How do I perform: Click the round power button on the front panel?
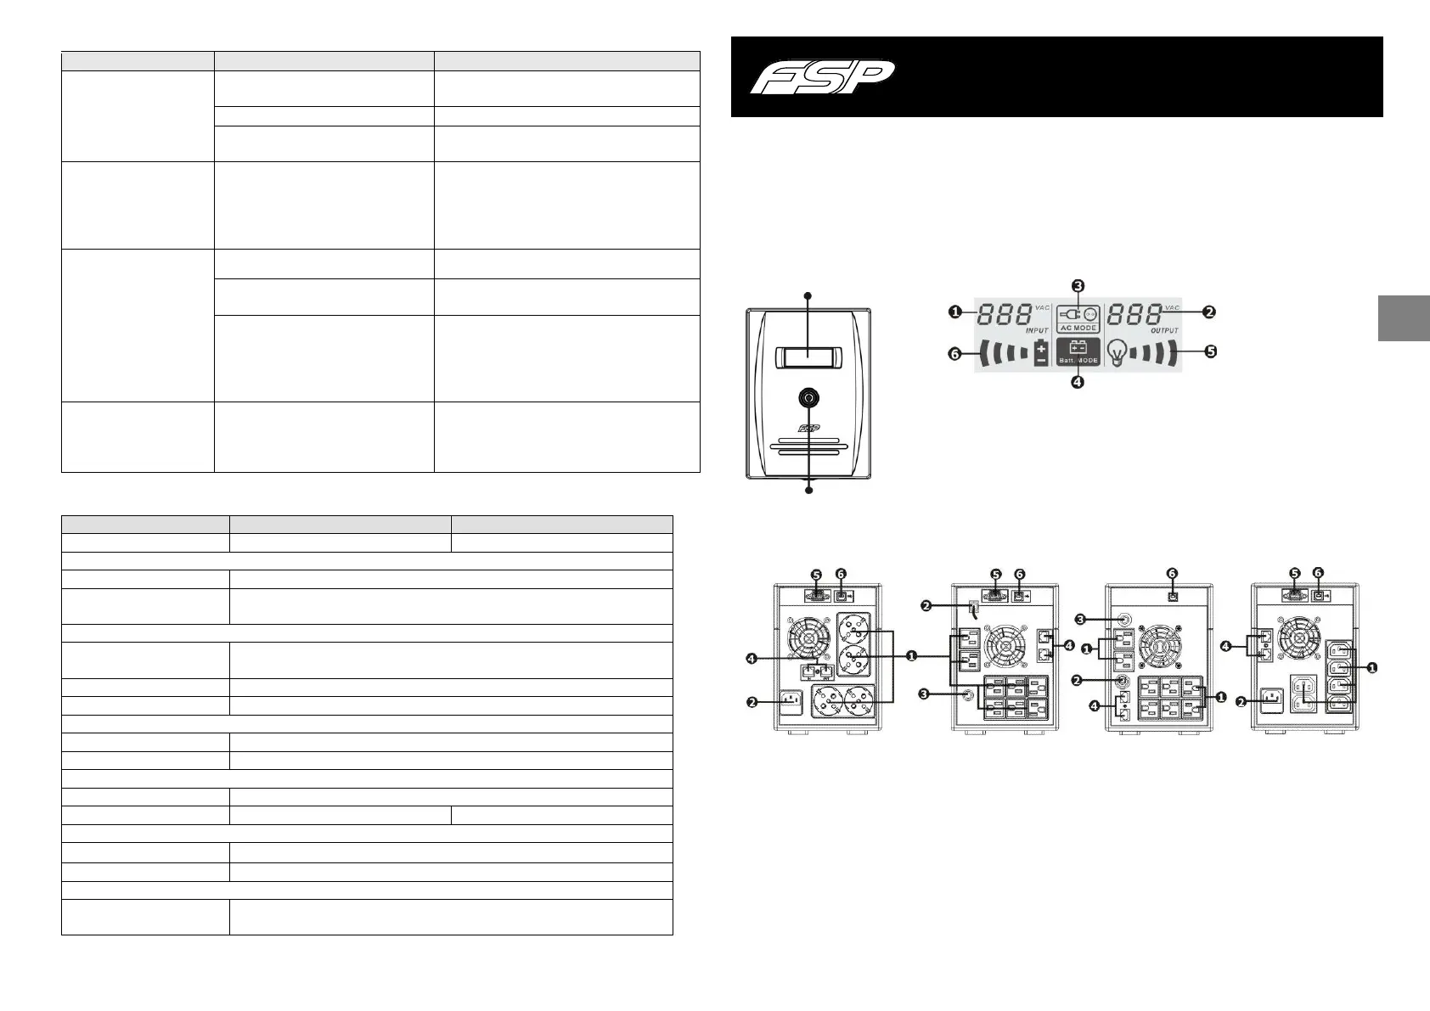tap(808, 397)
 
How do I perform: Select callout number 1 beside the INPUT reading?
tap(955, 312)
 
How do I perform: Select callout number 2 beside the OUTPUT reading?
tap(1209, 312)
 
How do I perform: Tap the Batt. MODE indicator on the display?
tap(1078, 351)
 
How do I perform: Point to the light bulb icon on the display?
tap(1119, 351)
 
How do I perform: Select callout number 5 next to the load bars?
tap(1210, 351)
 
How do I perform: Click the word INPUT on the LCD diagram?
tap(1037, 330)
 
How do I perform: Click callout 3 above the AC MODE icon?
tap(1078, 285)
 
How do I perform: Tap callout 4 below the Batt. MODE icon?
tap(1077, 382)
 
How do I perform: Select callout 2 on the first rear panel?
tap(752, 701)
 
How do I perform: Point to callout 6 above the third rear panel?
tap(1172, 573)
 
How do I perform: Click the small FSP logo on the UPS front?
tap(808, 429)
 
